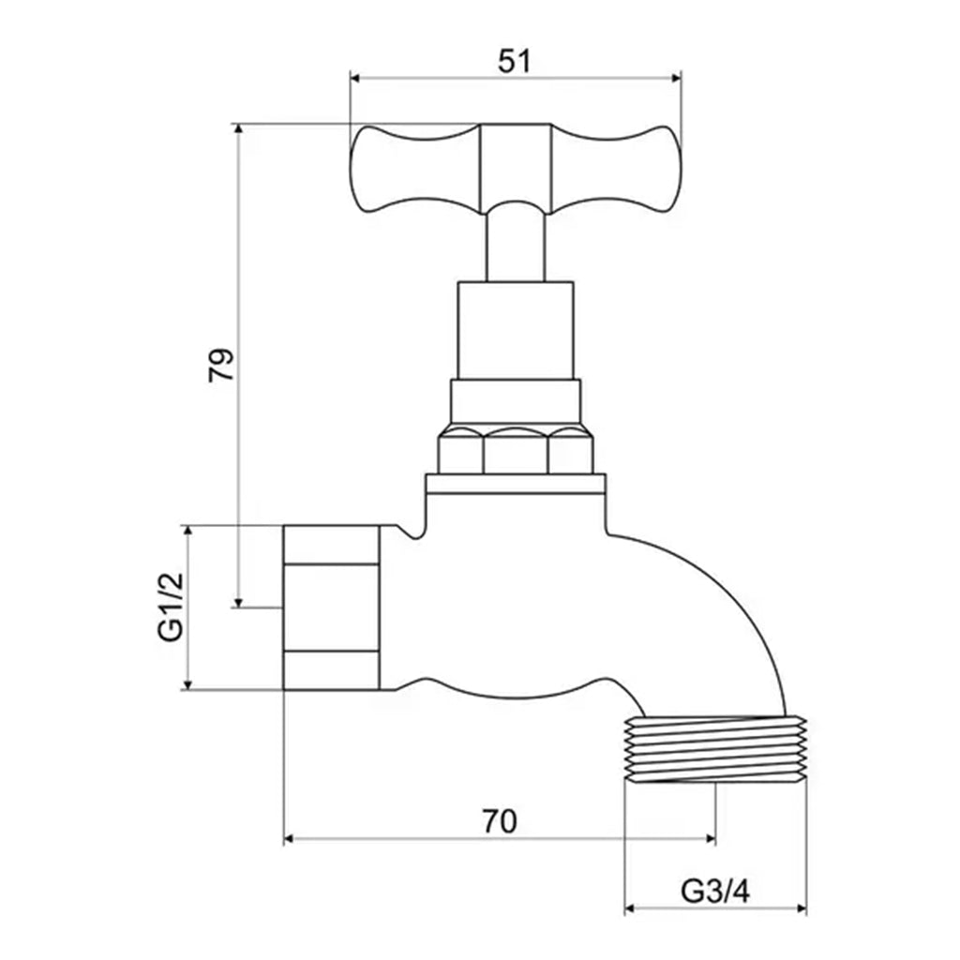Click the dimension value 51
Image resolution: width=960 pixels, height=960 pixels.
click(x=514, y=61)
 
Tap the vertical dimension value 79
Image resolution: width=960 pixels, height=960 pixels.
click(x=220, y=365)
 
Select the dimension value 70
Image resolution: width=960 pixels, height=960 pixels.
click(x=500, y=821)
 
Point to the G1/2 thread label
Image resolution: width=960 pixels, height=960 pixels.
click(x=170, y=608)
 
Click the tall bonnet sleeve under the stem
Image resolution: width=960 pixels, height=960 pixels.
click(x=515, y=328)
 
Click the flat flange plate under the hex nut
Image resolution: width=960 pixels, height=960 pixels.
click(x=515, y=486)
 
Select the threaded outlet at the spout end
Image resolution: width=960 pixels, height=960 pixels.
click(x=715, y=750)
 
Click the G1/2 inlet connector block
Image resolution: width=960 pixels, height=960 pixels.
click(x=331, y=607)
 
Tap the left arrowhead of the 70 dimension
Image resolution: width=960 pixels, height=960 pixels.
click(x=289, y=837)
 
